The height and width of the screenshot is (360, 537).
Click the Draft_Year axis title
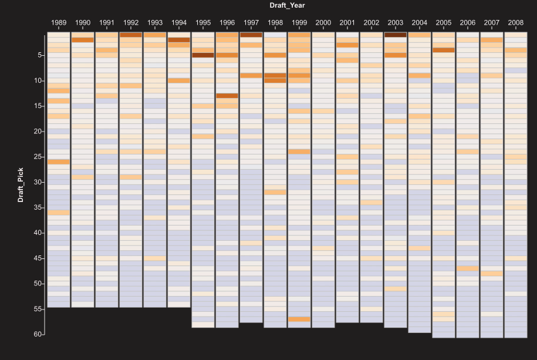coord(287,5)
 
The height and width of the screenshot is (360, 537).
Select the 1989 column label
coord(59,23)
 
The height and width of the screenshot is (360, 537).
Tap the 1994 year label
coord(179,23)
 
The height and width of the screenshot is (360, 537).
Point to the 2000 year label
coord(323,23)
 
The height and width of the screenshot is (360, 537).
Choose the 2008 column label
coord(516,23)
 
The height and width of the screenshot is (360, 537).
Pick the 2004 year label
coord(420,23)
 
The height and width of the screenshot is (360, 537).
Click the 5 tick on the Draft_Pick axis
coord(38,55)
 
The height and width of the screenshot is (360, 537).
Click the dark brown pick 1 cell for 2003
coord(396,35)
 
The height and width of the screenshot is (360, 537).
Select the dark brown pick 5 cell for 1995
coord(203,55)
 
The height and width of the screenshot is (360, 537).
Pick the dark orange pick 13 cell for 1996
coord(227,96)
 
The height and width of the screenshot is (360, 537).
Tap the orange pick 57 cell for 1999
coord(299,319)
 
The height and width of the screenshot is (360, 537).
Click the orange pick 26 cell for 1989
coord(59,162)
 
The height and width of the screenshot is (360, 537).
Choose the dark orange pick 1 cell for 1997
coord(251,35)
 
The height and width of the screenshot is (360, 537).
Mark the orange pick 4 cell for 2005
coord(444,50)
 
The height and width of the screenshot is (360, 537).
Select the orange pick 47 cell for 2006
coord(468,268)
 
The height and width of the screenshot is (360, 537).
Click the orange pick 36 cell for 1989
coord(59,213)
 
